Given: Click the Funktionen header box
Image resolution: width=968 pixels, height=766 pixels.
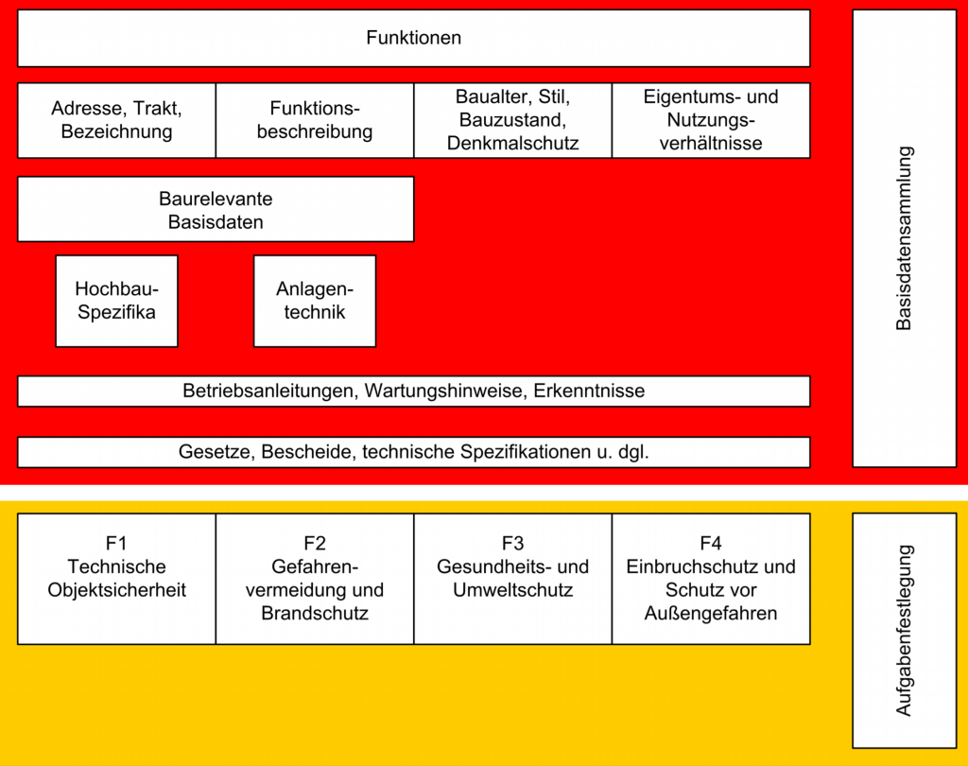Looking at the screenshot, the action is [414, 38].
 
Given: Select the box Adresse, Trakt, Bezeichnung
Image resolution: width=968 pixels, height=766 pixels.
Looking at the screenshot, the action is [116, 120].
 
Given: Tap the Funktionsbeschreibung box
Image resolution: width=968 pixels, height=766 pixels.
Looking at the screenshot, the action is [315, 120].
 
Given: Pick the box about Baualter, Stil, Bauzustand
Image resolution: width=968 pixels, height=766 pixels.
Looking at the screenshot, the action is [513, 120].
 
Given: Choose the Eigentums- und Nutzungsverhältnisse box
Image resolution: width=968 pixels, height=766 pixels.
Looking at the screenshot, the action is [711, 120].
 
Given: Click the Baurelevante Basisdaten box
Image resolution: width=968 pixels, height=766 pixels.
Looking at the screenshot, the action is [216, 209].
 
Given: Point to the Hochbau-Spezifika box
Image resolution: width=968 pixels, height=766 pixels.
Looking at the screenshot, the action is [116, 301].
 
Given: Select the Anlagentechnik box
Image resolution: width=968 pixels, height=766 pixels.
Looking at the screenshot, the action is [315, 301].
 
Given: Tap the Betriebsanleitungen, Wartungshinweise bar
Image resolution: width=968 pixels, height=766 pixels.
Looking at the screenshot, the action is [414, 391].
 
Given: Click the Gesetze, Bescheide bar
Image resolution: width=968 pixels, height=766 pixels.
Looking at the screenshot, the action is [414, 452].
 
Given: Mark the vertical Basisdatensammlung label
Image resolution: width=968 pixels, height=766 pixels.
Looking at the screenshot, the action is [904, 238].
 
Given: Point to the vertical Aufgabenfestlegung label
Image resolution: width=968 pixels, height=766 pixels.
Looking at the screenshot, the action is [904, 631].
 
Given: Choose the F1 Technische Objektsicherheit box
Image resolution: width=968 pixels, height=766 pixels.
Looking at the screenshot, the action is [116, 579].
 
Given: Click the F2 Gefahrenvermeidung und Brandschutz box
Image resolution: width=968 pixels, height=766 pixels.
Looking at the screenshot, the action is [315, 579].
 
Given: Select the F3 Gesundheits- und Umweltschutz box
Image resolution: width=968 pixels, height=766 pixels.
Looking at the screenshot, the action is [513, 579].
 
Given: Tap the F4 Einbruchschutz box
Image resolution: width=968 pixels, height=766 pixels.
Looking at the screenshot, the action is [711, 579].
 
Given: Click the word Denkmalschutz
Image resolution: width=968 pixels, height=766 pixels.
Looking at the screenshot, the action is [513, 144].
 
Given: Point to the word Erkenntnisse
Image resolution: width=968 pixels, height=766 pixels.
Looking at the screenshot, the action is [589, 391].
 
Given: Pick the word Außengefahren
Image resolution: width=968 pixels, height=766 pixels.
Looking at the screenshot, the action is [711, 614].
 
